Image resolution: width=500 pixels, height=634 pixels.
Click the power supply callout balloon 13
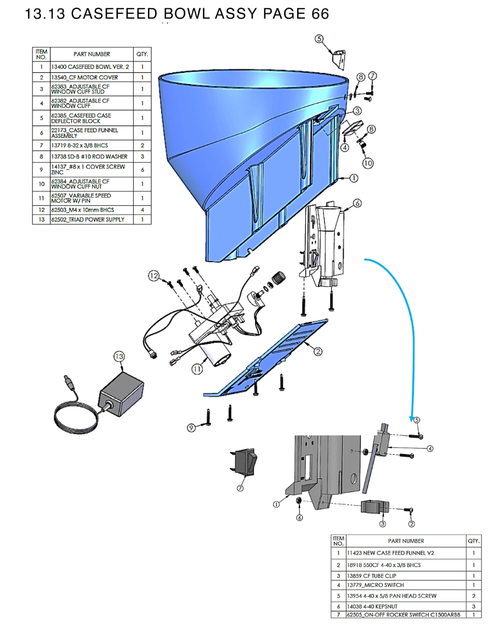pos(119,356)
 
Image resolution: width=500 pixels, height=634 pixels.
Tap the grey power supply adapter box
pos(121,393)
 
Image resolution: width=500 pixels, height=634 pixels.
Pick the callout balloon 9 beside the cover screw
pos(191,428)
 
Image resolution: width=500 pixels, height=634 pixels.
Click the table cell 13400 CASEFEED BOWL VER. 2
pos(91,66)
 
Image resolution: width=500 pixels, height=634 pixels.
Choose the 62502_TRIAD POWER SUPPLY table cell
pos(91,219)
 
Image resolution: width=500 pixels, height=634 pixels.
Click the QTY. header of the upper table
pos(142,54)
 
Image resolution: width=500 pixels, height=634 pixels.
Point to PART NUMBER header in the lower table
pos(405,541)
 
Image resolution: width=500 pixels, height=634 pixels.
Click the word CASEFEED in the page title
pos(113,14)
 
